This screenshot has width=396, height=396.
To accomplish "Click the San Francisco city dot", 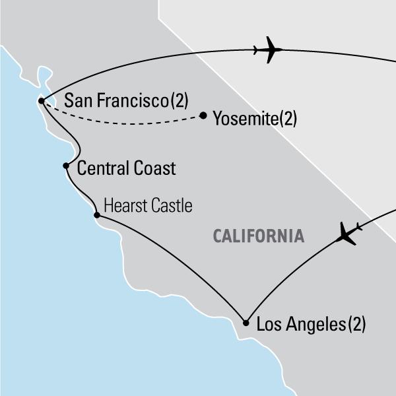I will (x=42, y=101).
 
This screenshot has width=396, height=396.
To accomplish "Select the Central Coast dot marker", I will (x=66, y=166).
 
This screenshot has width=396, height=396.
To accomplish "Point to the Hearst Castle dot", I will (x=97, y=215).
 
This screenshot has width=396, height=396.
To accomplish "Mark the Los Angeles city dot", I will (x=246, y=323).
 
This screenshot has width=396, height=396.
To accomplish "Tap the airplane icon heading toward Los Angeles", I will (x=347, y=232).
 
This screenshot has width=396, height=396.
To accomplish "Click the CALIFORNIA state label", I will (x=258, y=236).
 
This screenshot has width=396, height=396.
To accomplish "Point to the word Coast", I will (x=154, y=169).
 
